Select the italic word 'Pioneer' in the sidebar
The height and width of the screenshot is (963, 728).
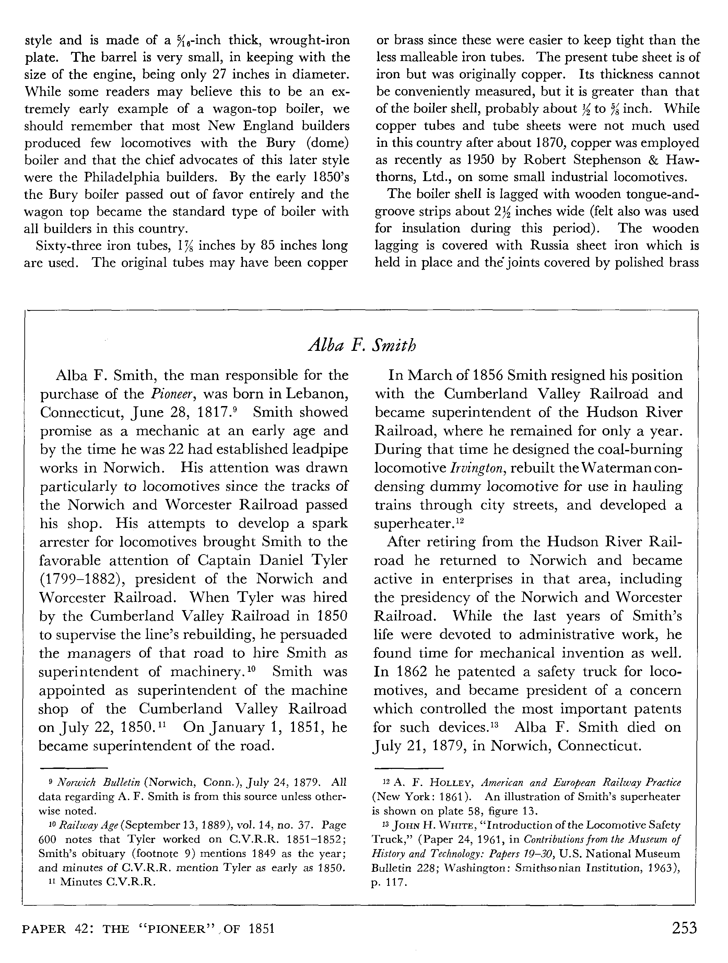172,394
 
